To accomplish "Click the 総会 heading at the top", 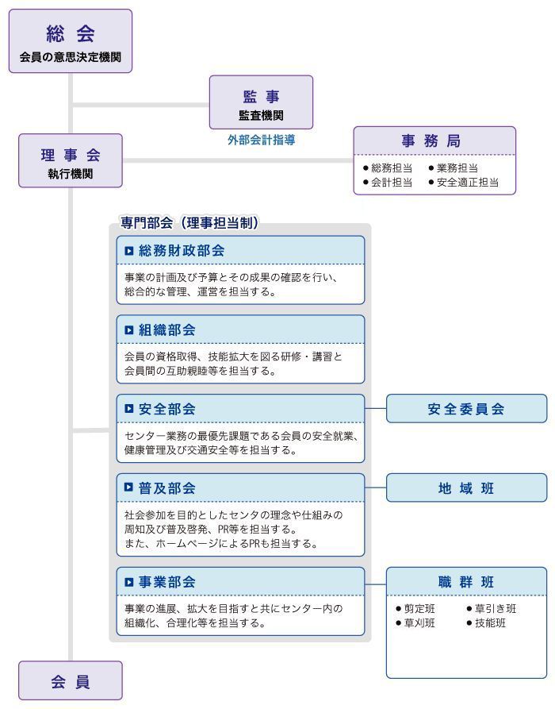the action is [x=71, y=33].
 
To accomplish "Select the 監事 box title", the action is [x=261, y=96].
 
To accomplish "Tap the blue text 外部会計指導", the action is [x=261, y=141].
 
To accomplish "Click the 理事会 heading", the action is [x=71, y=155].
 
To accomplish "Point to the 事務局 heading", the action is [x=431, y=141].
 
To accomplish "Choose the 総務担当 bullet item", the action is [x=388, y=168].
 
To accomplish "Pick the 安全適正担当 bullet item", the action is [x=464, y=183].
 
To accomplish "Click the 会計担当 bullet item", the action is [x=388, y=183].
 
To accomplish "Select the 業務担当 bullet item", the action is [x=454, y=168].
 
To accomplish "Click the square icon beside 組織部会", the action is [x=129, y=330].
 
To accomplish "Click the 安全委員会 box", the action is [x=466, y=408].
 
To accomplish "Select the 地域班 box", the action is [x=466, y=488].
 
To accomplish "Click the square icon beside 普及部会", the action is [x=129, y=487].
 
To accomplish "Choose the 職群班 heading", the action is [x=466, y=581].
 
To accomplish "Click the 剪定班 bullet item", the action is [x=415, y=609].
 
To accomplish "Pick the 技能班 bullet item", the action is [x=486, y=623].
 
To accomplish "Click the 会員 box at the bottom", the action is [x=71, y=680].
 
